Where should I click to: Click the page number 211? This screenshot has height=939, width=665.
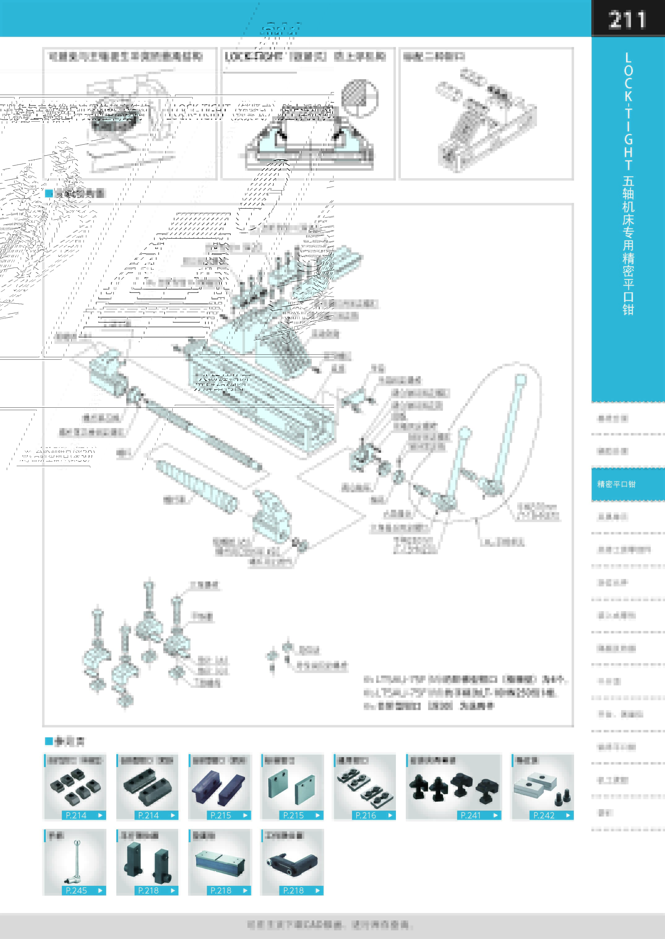click(627, 20)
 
